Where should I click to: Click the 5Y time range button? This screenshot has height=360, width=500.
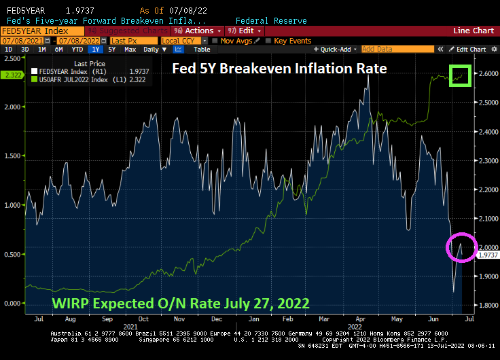coord(112,50)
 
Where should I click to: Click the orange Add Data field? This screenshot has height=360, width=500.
coord(397,50)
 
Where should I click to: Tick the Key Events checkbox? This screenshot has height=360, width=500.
coord(290,40)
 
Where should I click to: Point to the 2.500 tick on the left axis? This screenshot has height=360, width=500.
coord(12,58)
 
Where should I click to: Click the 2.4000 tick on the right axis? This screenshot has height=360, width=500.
coord(486,131)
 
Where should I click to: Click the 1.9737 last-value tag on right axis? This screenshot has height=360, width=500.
coord(486,255)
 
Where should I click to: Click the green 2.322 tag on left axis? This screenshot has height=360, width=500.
coord(12,75)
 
